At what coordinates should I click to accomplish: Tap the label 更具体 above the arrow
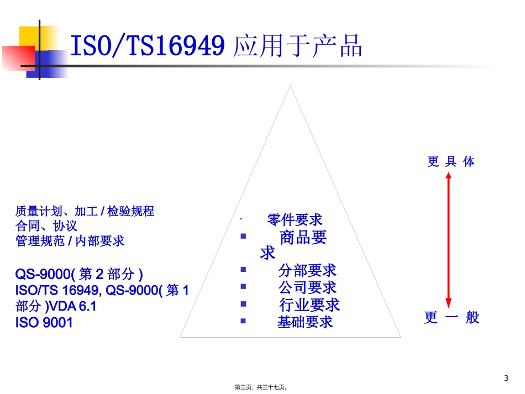coord(451,162)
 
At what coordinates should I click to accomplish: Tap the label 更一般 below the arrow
coord(452,318)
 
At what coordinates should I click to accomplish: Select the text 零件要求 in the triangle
coord(295,220)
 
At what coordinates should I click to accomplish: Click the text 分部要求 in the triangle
coord(307,270)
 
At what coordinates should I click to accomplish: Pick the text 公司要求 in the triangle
coord(307,287)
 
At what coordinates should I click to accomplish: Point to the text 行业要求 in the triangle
coord(309,304)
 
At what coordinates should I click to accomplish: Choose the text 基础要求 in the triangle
coord(305,322)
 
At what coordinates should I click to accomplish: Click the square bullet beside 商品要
coord(243,237)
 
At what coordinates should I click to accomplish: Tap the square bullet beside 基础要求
coord(243,321)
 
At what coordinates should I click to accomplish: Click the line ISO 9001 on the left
coord(44,323)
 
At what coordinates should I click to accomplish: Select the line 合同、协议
coord(46,226)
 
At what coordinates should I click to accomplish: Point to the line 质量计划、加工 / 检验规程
coord(85,211)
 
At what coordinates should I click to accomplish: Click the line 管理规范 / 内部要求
coord(70,241)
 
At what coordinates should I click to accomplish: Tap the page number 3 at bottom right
coord(506,378)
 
